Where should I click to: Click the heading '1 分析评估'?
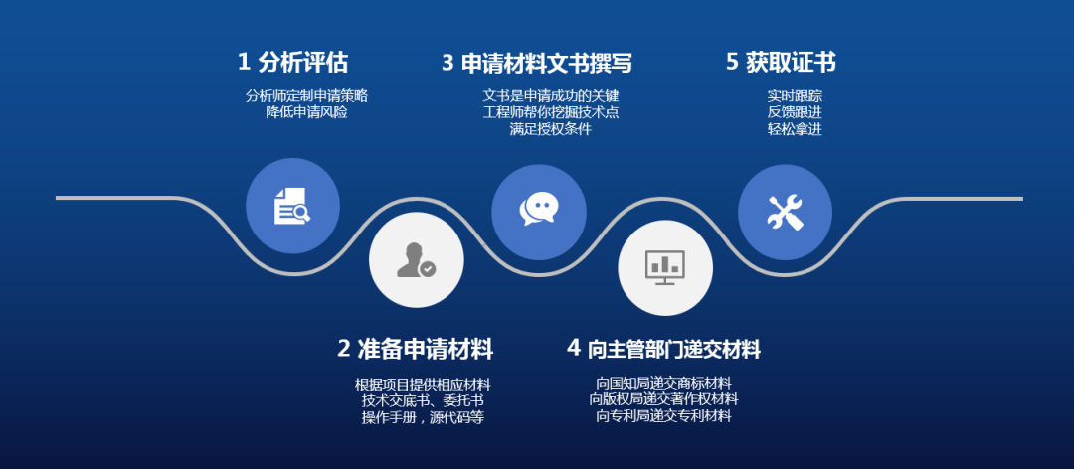click(292, 63)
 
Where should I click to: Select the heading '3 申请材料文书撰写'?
click(536, 63)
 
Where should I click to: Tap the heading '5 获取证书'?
click(781, 63)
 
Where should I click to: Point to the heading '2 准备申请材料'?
click(415, 349)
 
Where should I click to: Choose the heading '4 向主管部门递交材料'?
click(663, 349)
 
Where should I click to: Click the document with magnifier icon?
click(291, 206)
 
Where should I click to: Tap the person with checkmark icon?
click(416, 260)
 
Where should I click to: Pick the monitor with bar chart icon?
click(665, 267)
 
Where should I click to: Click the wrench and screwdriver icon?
click(785, 212)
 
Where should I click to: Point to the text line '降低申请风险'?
click(306, 112)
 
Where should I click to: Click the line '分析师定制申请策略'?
click(306, 95)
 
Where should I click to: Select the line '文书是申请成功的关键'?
click(551, 95)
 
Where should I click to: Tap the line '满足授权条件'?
click(551, 129)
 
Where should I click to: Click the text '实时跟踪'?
click(795, 95)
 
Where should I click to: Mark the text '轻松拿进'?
click(795, 129)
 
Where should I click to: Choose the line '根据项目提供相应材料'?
click(423, 385)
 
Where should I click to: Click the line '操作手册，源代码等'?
click(423, 417)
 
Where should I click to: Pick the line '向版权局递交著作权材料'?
click(663, 399)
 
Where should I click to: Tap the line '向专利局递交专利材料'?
click(663, 415)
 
